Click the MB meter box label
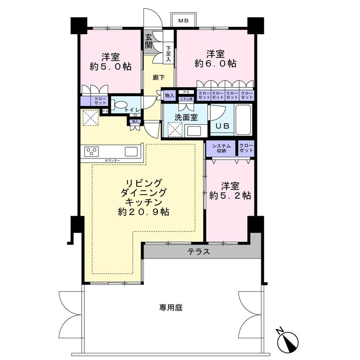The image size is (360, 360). click(184, 21)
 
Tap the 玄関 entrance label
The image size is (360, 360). click(149, 41)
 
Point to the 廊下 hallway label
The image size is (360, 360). click(159, 78)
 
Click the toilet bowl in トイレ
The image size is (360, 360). click(120, 105)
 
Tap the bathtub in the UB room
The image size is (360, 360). click(244, 120)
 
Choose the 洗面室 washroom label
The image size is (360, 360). click(186, 117)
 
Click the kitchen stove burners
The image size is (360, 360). click(91, 152)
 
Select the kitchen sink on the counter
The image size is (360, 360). click(131, 152)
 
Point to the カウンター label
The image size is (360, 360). click(112, 161)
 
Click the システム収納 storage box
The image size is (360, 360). click(221, 148)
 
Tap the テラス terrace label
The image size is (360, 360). click(199, 252)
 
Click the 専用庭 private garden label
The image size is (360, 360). click(171, 307)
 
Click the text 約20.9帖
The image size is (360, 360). click(144, 212)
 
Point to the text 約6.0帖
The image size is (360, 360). click(215, 63)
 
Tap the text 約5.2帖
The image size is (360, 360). click(230, 195)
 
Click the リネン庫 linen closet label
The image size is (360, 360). click(186, 99)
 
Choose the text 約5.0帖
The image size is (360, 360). click(111, 66)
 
